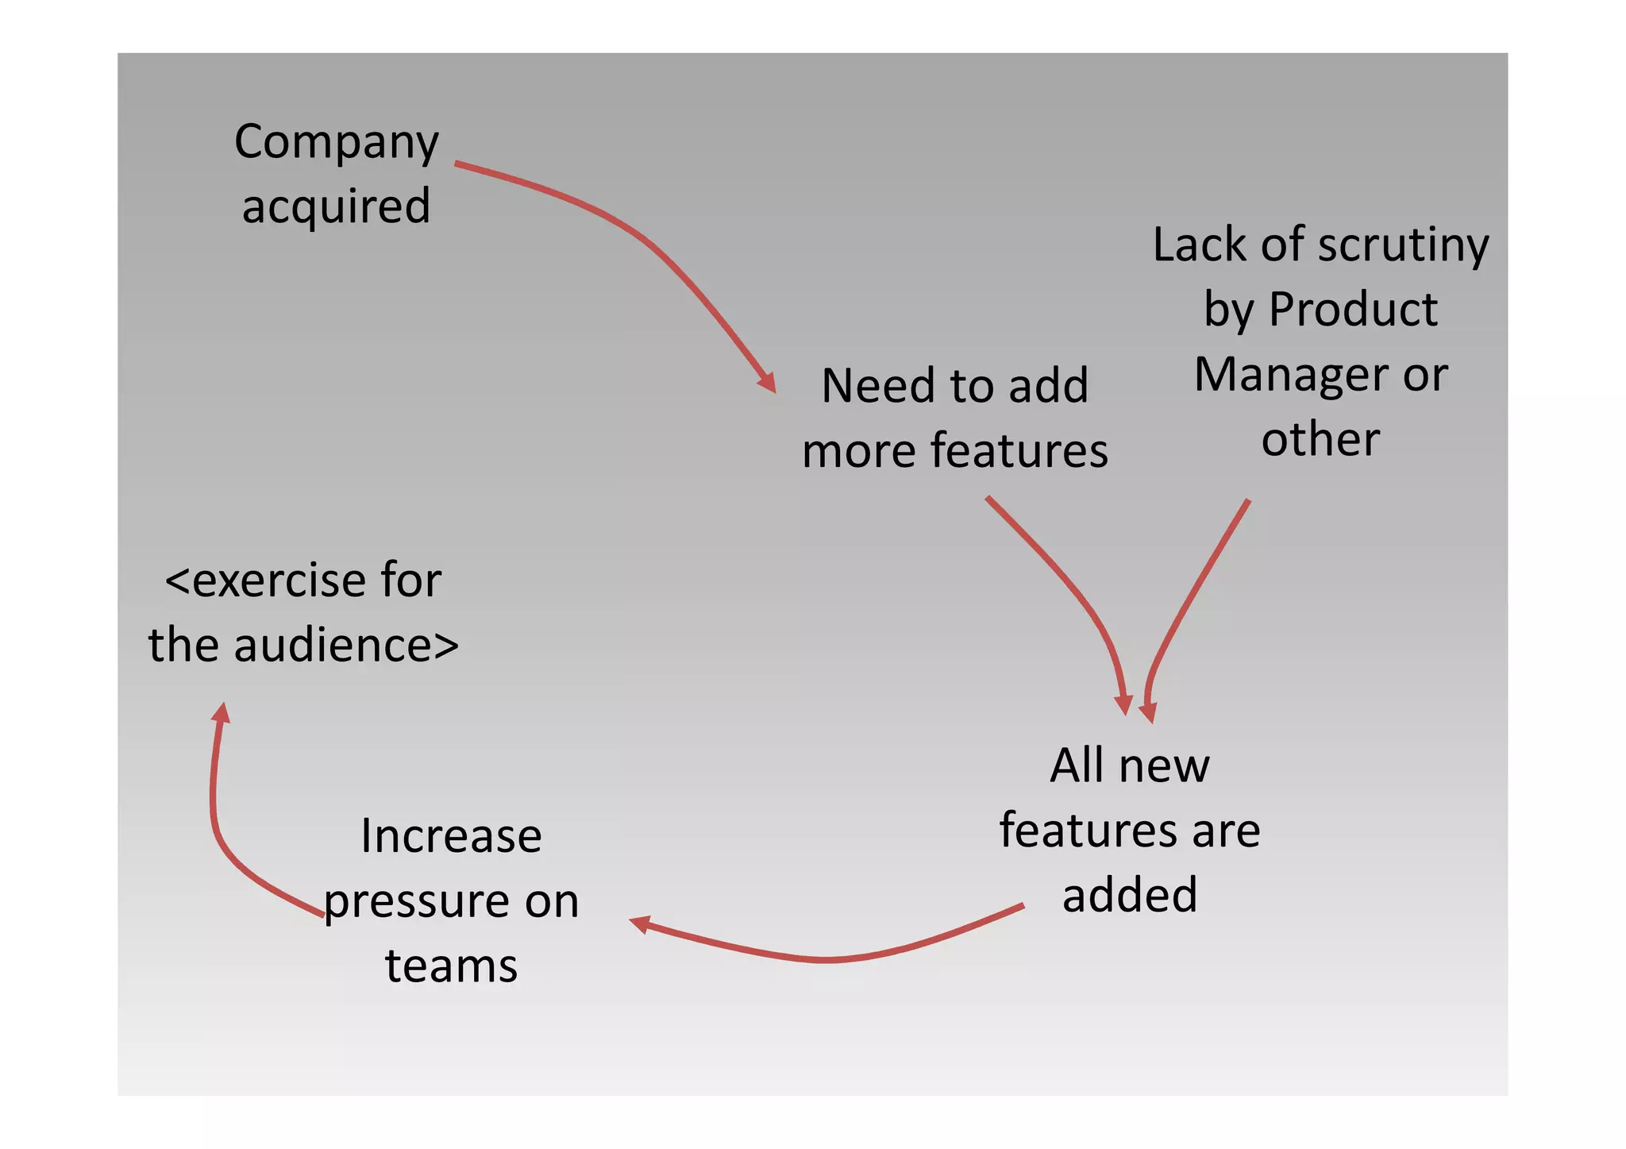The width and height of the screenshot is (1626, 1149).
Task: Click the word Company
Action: click(x=336, y=143)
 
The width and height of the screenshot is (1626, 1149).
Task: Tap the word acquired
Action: click(x=336, y=206)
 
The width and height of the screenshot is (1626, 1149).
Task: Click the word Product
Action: click(x=1353, y=309)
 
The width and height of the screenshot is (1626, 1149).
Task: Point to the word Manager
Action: click(x=1289, y=374)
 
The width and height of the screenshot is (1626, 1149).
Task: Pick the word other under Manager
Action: click(x=1320, y=439)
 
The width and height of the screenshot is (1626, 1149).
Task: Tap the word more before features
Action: click(x=860, y=451)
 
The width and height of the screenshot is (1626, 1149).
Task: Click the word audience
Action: click(x=345, y=645)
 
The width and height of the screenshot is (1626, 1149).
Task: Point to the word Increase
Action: click(x=451, y=836)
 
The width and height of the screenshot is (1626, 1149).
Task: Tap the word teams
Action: click(x=451, y=966)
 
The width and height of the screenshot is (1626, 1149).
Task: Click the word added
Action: click(x=1129, y=895)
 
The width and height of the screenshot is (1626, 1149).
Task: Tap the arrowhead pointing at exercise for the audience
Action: click(x=222, y=712)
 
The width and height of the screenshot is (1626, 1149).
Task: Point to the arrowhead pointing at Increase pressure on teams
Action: click(x=639, y=923)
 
